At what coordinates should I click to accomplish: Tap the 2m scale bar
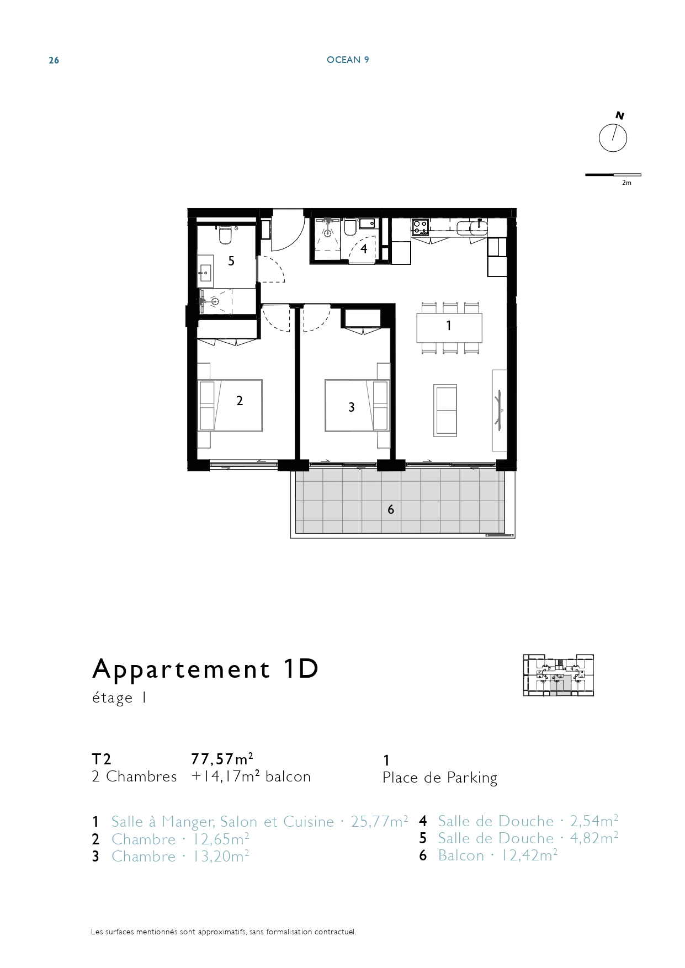coord(613,175)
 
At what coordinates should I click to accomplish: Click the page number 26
coord(54,61)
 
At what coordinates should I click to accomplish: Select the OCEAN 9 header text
coord(348,60)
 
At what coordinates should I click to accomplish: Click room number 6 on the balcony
coord(391,509)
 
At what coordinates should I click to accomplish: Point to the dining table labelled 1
coord(449,328)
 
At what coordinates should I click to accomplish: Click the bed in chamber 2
coord(230,405)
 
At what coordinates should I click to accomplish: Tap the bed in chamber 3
coord(357,405)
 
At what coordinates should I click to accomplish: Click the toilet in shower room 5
coord(225,234)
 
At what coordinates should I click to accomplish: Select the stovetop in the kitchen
coord(421,226)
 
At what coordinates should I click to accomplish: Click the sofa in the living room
coord(445,411)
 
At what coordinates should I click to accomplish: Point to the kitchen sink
coord(472,226)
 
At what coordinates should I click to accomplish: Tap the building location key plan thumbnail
coord(558,675)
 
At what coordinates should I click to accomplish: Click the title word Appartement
coord(182,669)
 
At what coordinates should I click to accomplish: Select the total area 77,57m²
coord(222,759)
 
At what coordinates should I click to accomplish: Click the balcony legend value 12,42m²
coord(529,855)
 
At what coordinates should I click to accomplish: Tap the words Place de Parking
coord(440,778)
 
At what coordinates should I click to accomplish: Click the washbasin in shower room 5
coord(205,272)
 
